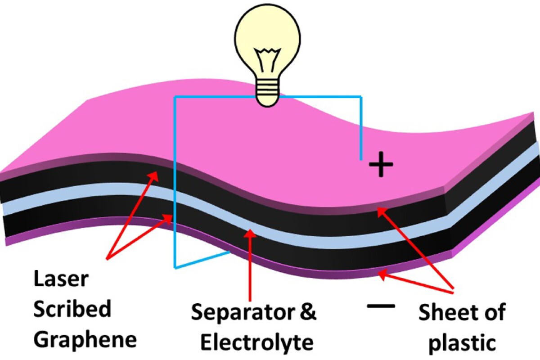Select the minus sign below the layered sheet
381,306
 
